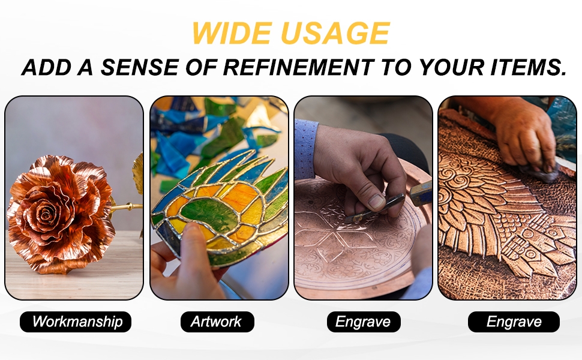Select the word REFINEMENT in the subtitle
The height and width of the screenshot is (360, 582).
[298, 67]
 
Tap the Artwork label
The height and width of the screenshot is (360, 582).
[217, 322]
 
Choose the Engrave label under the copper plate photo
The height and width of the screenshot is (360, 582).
[364, 322]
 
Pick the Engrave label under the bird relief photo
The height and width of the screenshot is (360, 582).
[514, 322]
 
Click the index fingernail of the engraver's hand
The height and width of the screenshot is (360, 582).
[376, 202]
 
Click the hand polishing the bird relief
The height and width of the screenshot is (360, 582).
[523, 137]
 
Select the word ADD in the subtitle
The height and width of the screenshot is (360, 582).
[46, 67]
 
